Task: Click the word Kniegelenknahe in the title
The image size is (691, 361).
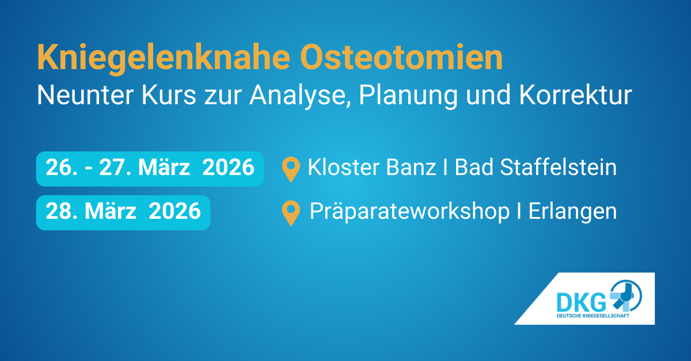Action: tap(164, 59)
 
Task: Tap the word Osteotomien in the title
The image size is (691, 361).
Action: tap(401, 58)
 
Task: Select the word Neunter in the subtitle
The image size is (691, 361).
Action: tap(85, 95)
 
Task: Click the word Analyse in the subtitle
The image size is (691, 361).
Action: tap(300, 96)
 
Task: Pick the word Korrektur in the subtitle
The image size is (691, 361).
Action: tap(576, 95)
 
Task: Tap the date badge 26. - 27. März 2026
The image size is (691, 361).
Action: tap(150, 169)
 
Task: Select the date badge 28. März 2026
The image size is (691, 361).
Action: tap(123, 212)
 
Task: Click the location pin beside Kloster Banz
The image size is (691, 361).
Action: tap(291, 169)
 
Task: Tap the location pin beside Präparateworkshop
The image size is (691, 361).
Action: tap(291, 212)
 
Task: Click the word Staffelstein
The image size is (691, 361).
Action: tap(559, 167)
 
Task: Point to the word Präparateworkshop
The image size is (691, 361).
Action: tap(409, 212)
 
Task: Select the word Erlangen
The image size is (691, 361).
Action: tap(572, 212)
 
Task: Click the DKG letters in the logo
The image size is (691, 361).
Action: tap(581, 302)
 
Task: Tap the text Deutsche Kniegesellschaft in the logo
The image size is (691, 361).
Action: tap(593, 316)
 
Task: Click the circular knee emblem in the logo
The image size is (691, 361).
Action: tap(625, 295)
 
